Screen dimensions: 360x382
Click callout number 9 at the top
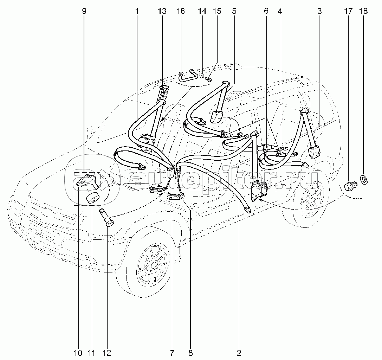point(84,11)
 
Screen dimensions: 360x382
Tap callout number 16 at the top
point(180,11)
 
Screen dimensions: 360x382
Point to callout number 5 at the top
point(234,11)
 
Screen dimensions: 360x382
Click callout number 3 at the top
point(319,11)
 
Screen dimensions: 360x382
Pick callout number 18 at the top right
point(363,11)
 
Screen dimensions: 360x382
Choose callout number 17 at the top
point(348,11)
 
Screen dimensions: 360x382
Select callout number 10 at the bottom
point(78,352)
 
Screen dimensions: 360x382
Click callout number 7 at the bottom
point(172,352)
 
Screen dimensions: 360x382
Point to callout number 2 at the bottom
point(239,352)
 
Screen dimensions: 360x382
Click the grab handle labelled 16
point(188,76)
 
